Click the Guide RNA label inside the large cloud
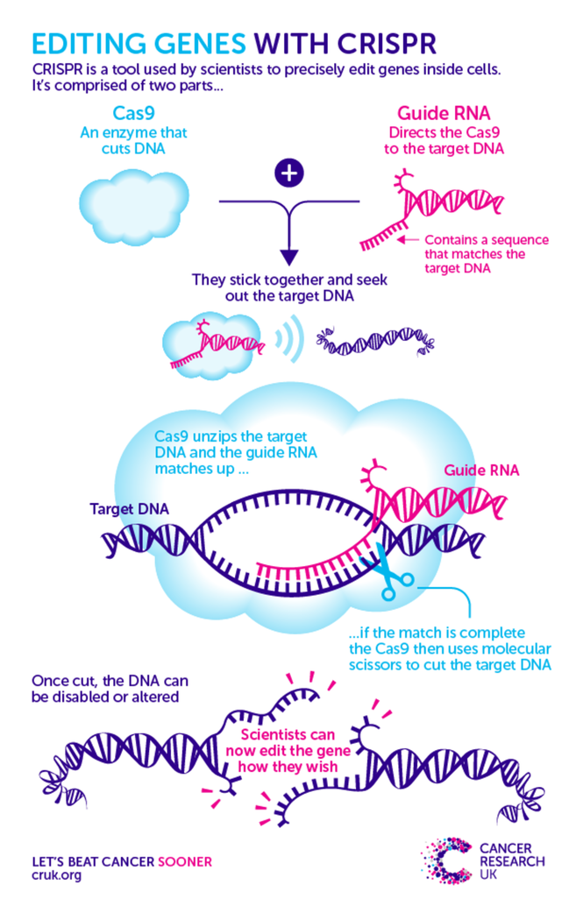point(480,471)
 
